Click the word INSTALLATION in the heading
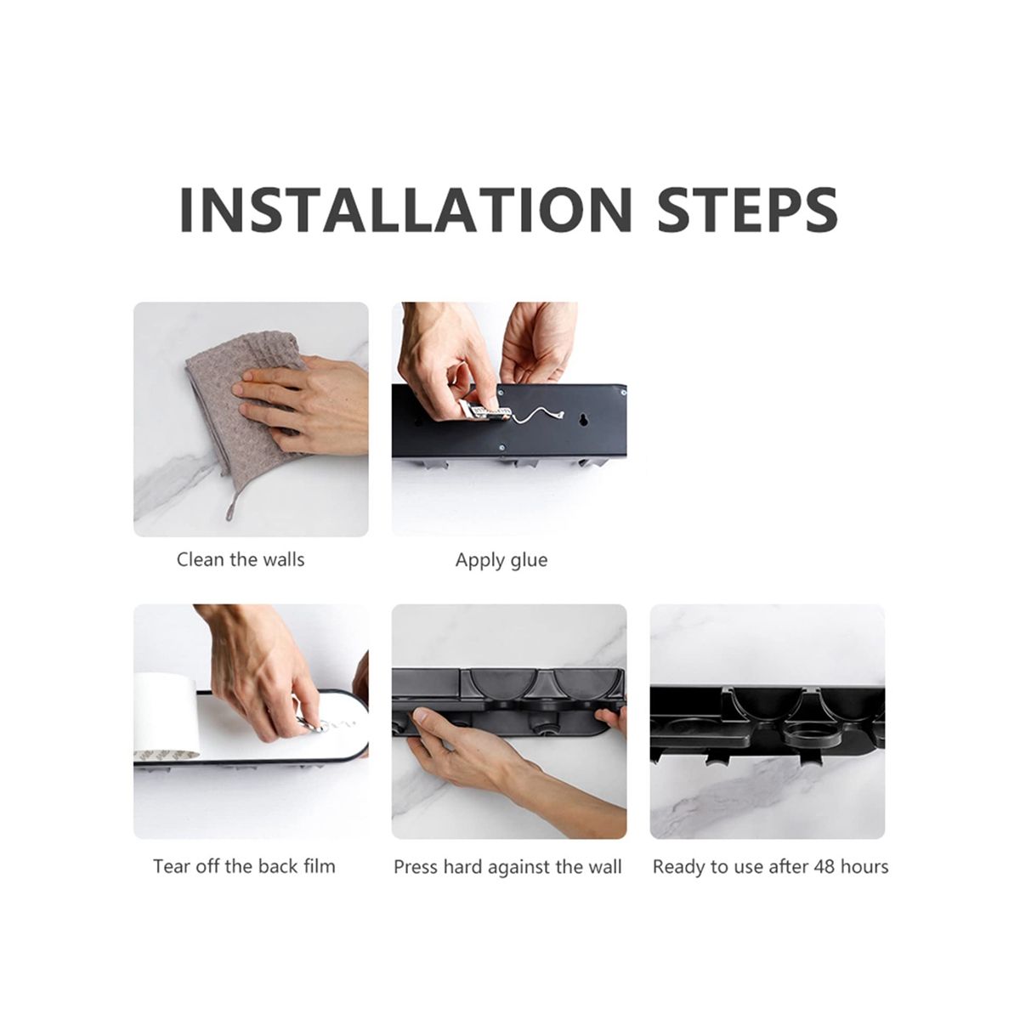click(405, 210)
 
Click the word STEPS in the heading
click(747, 210)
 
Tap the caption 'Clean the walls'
click(241, 559)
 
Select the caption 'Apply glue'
click(501, 560)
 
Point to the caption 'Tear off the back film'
click(244, 866)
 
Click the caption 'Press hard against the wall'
click(507, 868)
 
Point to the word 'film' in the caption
click(320, 866)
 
